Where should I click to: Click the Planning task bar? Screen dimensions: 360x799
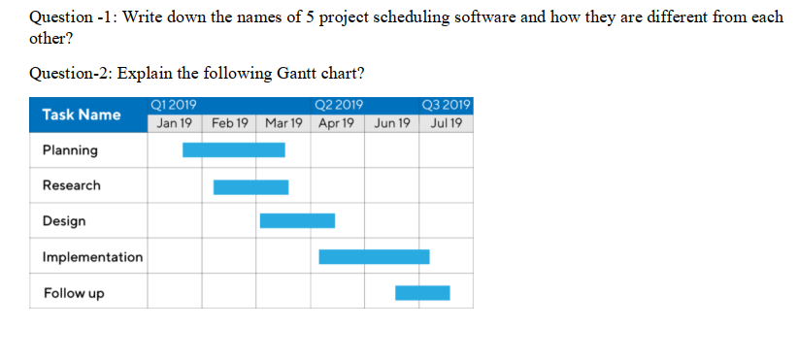(234, 149)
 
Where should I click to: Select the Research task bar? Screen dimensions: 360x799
(250, 186)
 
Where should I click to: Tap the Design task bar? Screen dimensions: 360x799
(297, 220)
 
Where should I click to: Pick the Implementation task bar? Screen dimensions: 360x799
(374, 256)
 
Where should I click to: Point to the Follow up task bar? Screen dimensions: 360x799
(422, 292)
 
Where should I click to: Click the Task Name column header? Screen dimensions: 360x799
(82, 115)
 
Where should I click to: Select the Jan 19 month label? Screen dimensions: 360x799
(175, 123)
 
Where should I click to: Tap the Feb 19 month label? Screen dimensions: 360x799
(229, 123)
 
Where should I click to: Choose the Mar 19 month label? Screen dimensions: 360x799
(283, 123)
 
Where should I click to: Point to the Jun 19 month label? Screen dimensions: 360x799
(391, 123)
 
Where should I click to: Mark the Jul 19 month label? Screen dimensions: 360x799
(446, 123)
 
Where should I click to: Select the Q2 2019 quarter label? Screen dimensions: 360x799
(340, 105)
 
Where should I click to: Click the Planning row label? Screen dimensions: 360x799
(70, 150)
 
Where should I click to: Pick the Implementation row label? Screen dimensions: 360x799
(92, 257)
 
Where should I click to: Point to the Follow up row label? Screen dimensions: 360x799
(74, 293)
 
